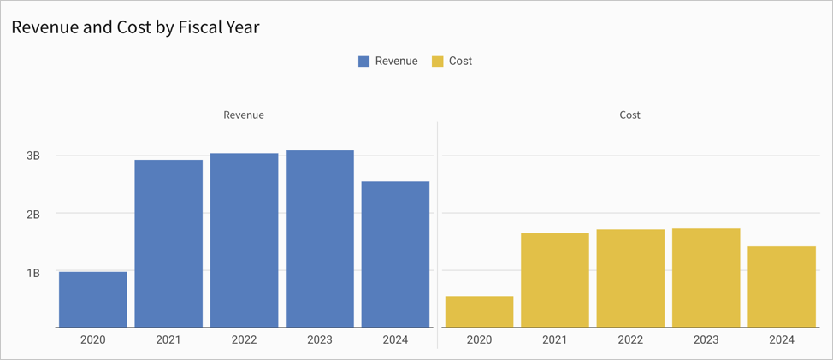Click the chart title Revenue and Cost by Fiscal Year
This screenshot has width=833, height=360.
(135, 27)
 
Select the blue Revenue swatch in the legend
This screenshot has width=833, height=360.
(364, 61)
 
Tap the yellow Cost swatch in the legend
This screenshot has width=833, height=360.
(437, 61)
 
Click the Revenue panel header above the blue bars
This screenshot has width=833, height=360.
(244, 115)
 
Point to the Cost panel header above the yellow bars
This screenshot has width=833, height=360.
(629, 115)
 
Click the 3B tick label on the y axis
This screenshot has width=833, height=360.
(33, 156)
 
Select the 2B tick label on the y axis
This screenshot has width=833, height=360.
(33, 214)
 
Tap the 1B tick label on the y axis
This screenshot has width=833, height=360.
(33, 273)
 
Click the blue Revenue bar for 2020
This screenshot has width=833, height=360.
(93, 299)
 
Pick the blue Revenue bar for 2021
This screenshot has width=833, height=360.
(168, 244)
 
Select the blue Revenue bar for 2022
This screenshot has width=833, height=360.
(244, 240)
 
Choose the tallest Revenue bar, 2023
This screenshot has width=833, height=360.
(319, 239)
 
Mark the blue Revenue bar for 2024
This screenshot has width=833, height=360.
(395, 254)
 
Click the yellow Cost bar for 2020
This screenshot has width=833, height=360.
(479, 311)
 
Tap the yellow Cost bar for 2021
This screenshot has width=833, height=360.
(554, 280)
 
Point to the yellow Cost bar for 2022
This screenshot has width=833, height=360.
(630, 278)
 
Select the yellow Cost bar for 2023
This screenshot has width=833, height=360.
(706, 277)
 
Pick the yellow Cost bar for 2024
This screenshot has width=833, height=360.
(782, 286)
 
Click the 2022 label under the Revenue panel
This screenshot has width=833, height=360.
(244, 339)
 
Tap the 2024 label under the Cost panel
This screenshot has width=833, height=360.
(782, 339)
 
